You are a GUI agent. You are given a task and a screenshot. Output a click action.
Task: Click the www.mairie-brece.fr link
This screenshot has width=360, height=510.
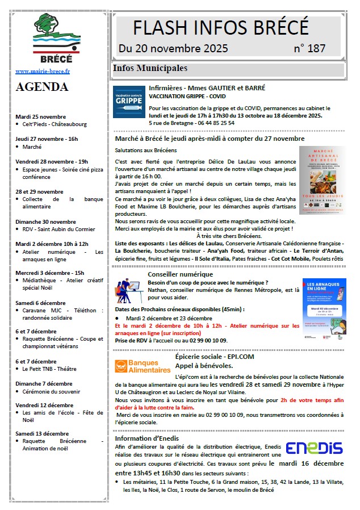(x=43, y=72)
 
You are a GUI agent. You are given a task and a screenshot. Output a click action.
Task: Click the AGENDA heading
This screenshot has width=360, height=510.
(x=43, y=87)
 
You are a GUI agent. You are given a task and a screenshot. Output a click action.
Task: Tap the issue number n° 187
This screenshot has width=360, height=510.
(x=309, y=48)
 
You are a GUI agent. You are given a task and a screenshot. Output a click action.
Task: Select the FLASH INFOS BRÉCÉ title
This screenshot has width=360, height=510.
(x=221, y=27)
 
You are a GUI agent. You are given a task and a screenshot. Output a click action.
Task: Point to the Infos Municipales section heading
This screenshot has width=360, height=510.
(x=150, y=69)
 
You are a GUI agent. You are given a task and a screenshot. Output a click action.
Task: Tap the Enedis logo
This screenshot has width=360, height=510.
(x=314, y=449)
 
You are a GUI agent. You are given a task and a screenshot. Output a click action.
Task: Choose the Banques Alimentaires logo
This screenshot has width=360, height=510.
(x=143, y=366)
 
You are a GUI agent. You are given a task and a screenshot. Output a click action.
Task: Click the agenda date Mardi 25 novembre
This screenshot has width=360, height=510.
(x=41, y=116)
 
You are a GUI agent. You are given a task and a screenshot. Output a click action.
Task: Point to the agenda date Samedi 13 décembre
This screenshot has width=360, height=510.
(x=42, y=433)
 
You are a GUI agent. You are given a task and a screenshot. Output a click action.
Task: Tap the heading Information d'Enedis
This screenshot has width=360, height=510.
(x=146, y=438)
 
